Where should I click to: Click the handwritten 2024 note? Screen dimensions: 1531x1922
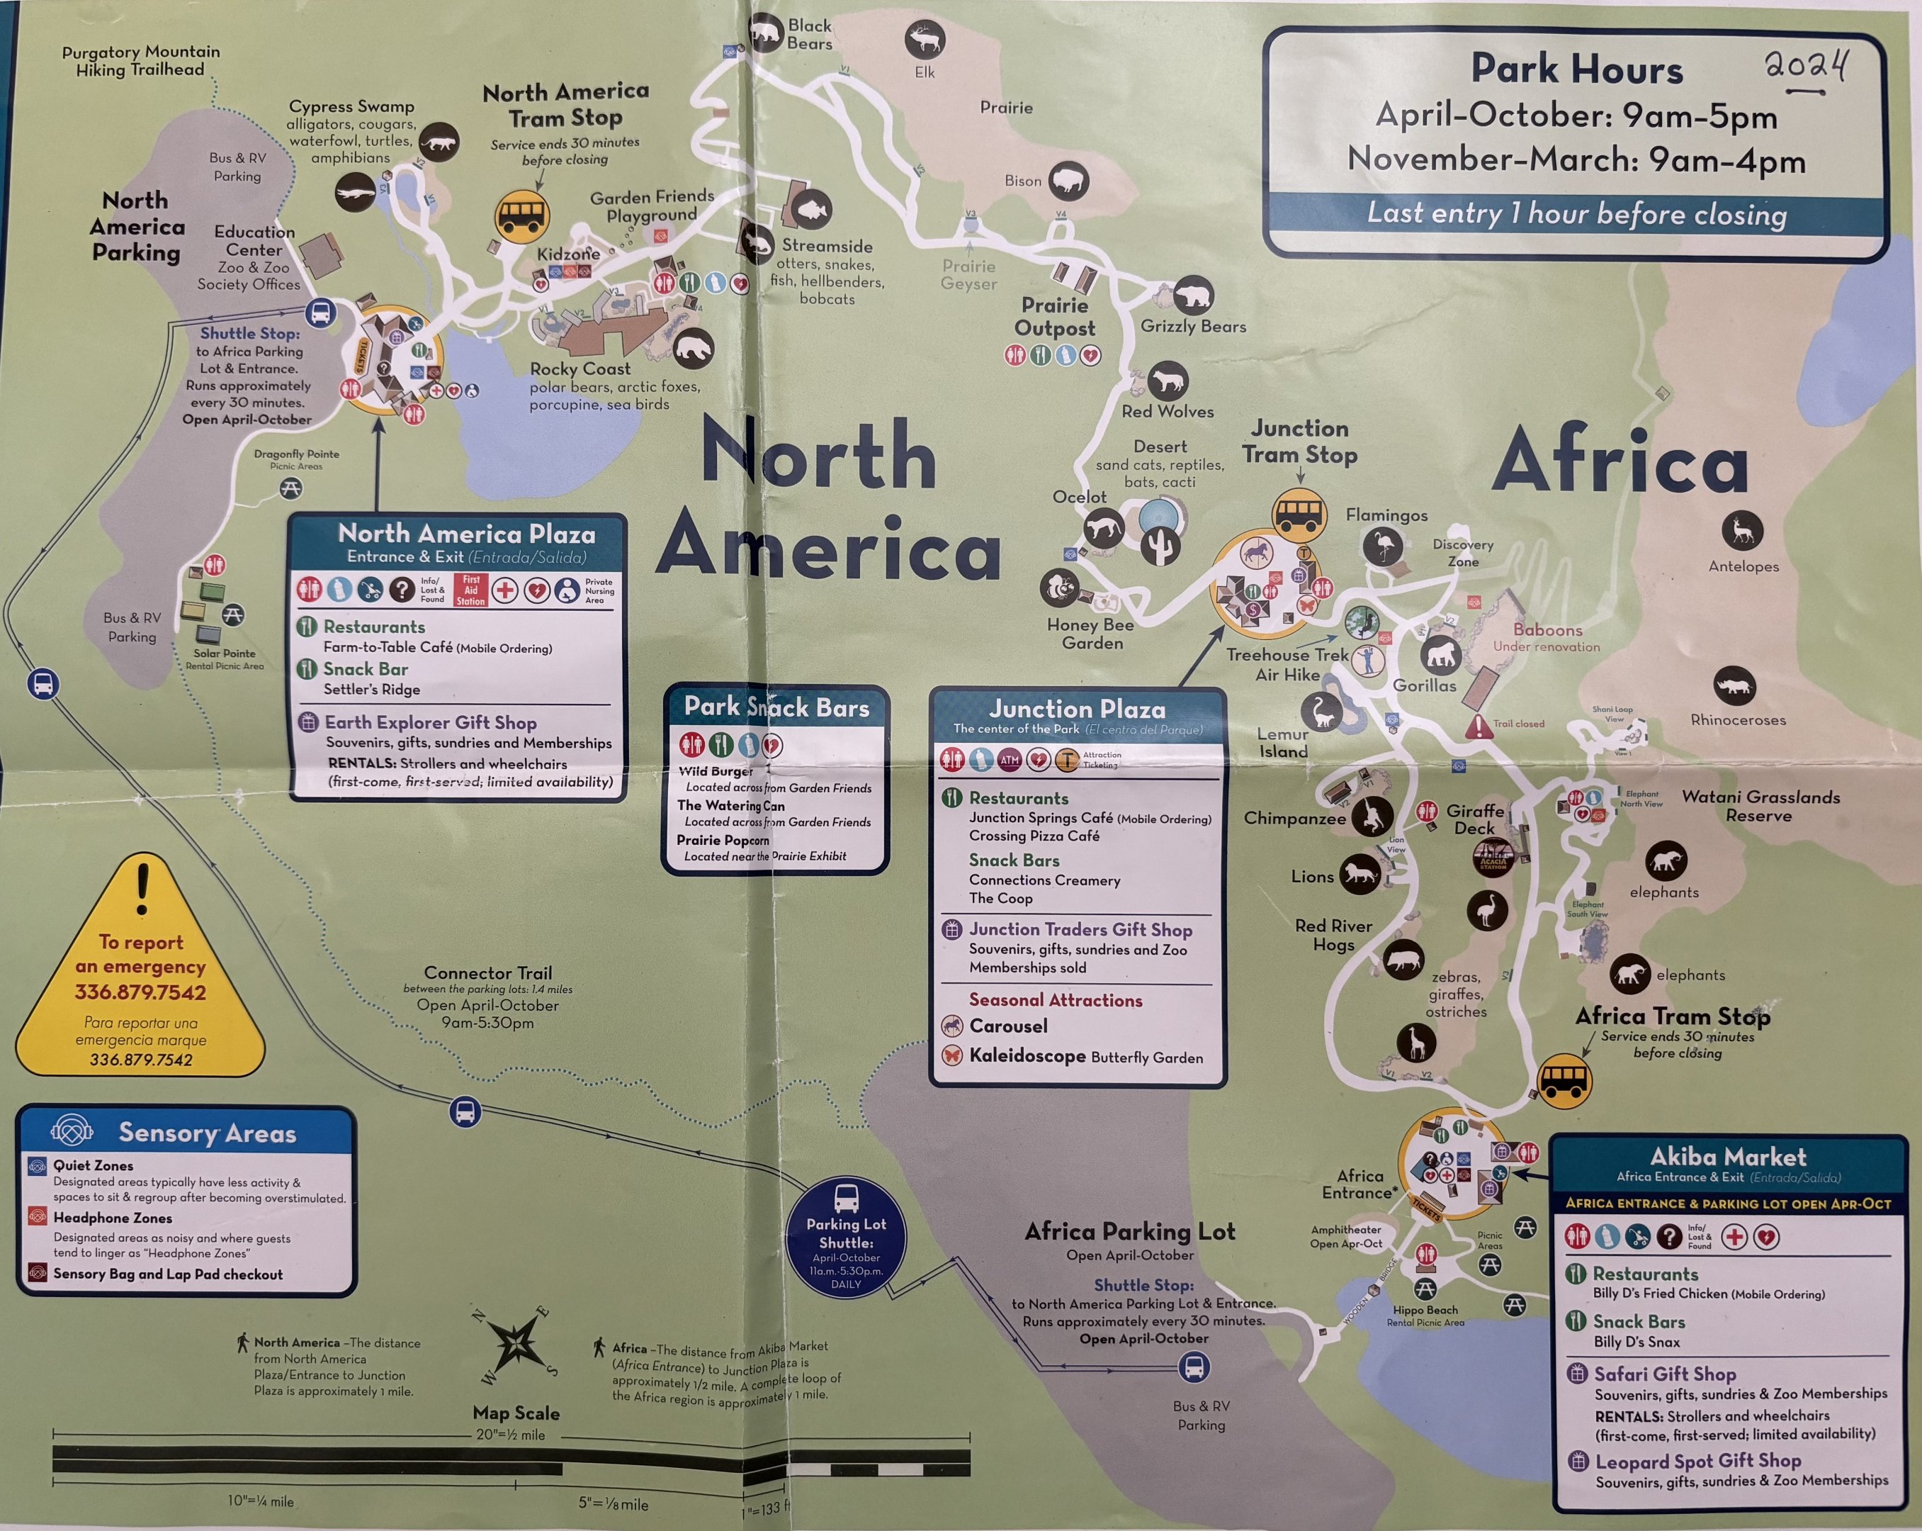coord(1807,66)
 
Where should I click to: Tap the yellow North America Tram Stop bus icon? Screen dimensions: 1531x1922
coord(521,215)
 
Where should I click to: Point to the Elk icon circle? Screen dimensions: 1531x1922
coord(925,40)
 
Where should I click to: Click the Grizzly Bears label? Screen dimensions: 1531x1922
coord(1193,326)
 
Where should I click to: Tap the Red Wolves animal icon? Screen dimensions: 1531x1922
coord(1167,381)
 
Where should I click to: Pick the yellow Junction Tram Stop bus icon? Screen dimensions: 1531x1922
coord(1299,512)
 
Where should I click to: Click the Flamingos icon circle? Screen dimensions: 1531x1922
coord(1383,545)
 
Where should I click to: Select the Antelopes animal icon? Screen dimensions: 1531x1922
coord(1741,531)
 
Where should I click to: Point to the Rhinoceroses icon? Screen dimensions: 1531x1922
coord(1734,685)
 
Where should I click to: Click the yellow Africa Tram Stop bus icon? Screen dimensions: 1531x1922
coord(1564,1081)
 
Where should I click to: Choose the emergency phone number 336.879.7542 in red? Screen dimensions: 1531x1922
coord(140,992)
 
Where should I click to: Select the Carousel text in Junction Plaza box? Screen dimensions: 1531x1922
coord(1008,1026)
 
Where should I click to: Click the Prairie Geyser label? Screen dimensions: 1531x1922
coord(968,274)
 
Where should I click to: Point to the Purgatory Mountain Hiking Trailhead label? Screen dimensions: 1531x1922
coord(140,61)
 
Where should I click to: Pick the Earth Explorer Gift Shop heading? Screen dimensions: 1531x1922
coord(430,722)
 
